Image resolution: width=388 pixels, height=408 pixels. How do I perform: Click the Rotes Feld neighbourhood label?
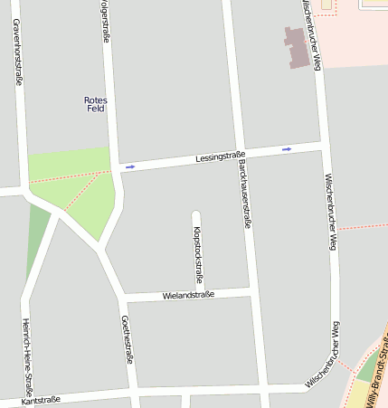click(95, 104)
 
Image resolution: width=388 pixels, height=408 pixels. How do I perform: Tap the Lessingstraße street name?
click(220, 158)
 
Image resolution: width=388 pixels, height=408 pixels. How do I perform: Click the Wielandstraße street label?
click(188, 295)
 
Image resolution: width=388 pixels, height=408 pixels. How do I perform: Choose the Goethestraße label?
click(128, 339)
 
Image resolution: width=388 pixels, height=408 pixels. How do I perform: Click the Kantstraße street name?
click(37, 399)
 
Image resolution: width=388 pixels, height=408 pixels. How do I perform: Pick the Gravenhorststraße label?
click(17, 49)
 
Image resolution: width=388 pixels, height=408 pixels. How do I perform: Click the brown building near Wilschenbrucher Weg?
click(297, 47)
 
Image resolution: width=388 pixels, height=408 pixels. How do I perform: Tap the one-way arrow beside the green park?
click(130, 166)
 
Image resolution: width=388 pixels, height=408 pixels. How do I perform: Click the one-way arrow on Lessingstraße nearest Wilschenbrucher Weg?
click(287, 149)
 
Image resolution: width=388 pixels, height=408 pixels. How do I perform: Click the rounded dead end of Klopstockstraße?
click(196, 215)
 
